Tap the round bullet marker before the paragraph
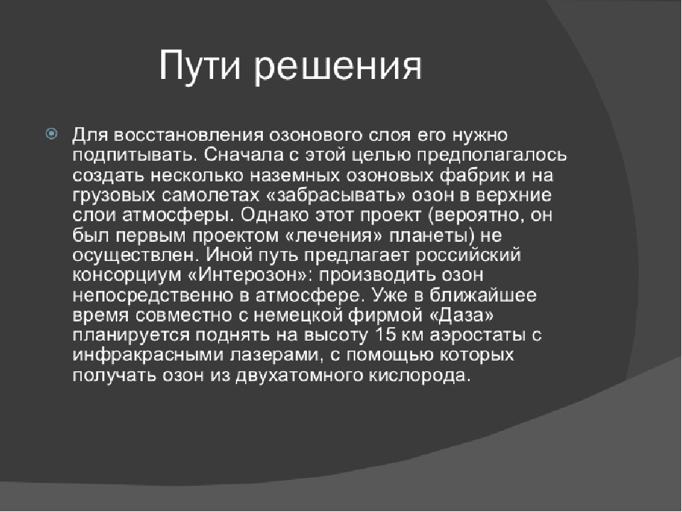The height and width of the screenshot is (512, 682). (51, 134)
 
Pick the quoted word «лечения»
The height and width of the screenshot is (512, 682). (334, 235)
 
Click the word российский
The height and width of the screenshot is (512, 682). (468, 256)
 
